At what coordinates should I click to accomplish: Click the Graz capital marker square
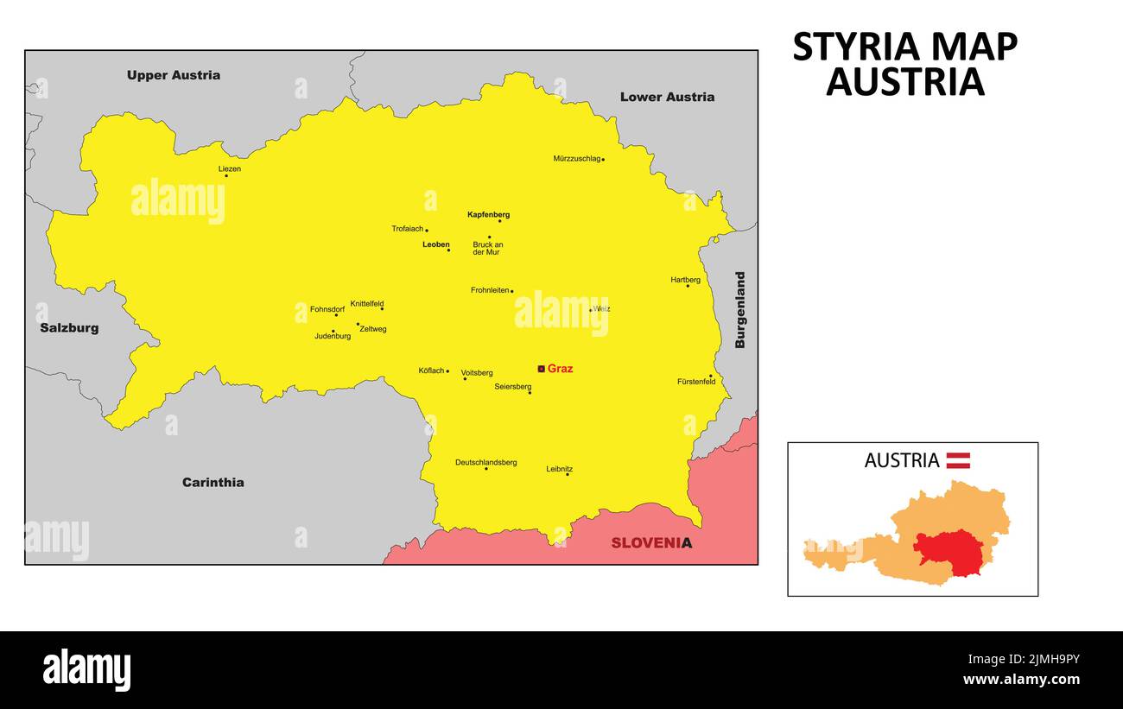point(542,369)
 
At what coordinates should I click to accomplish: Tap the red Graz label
point(560,369)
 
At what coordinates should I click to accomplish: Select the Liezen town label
point(229,169)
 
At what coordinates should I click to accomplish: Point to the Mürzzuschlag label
point(576,159)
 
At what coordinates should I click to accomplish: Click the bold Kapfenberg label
point(488,214)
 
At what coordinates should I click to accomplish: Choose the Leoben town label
point(435,244)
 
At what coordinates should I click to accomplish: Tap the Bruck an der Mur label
point(487,249)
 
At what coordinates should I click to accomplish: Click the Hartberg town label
point(685,280)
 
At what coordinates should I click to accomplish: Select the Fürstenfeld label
point(695,382)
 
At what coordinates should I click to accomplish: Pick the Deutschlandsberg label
point(485,462)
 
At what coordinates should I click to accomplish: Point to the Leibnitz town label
point(559,469)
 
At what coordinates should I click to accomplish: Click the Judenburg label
point(333,336)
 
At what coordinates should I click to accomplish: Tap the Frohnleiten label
point(490,290)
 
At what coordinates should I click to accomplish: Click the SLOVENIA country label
point(651,543)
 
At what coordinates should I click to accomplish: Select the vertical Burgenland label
point(739,310)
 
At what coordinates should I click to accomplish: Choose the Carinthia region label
point(213,482)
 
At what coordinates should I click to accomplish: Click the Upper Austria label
point(173,75)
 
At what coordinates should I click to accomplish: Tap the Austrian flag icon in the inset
point(957,460)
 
